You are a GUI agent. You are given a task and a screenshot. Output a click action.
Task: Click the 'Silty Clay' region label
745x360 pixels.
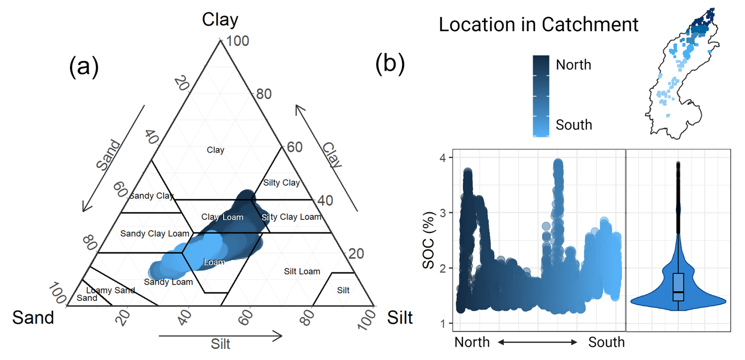[x=281, y=183]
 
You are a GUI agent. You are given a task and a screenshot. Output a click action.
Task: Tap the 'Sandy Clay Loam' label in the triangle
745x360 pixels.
[x=155, y=234]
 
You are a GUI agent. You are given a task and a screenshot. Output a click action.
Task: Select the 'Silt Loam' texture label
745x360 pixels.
[x=302, y=271]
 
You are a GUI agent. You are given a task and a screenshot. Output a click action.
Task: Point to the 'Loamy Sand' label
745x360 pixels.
[x=111, y=290]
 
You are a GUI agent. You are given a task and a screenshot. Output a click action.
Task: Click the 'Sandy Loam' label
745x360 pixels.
[x=168, y=282]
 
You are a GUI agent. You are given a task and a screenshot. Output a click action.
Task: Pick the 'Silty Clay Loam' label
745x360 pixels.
[x=291, y=217]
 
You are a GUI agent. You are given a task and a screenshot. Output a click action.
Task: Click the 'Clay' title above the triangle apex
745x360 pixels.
[x=220, y=19]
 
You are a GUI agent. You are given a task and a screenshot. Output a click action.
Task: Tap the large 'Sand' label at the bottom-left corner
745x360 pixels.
[x=33, y=317]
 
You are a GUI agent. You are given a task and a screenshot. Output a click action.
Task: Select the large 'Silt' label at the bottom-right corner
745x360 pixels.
[x=400, y=317]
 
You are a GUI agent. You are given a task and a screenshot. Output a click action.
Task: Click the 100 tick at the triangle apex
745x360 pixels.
[x=237, y=41]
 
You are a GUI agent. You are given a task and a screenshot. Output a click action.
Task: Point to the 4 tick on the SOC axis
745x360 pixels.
[x=443, y=158]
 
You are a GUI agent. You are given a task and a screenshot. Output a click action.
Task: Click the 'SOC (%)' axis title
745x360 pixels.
[x=428, y=240]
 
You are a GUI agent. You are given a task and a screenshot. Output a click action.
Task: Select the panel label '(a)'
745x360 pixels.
[x=83, y=66]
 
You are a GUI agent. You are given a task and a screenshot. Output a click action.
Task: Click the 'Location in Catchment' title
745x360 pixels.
[x=538, y=25]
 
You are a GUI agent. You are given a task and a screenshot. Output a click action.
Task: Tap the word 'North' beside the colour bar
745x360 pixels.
[x=573, y=65]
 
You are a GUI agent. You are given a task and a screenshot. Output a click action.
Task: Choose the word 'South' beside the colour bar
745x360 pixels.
[x=574, y=125]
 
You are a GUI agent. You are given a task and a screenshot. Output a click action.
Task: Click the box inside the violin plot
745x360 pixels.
[x=678, y=287]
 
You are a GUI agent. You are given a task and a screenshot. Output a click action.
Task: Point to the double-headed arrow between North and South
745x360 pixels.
[x=537, y=342]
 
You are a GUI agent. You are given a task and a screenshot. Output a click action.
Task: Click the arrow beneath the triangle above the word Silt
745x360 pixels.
[x=221, y=336]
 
